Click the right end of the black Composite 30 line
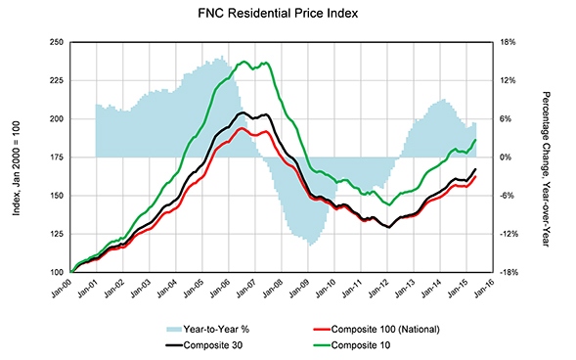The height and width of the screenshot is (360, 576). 476,169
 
